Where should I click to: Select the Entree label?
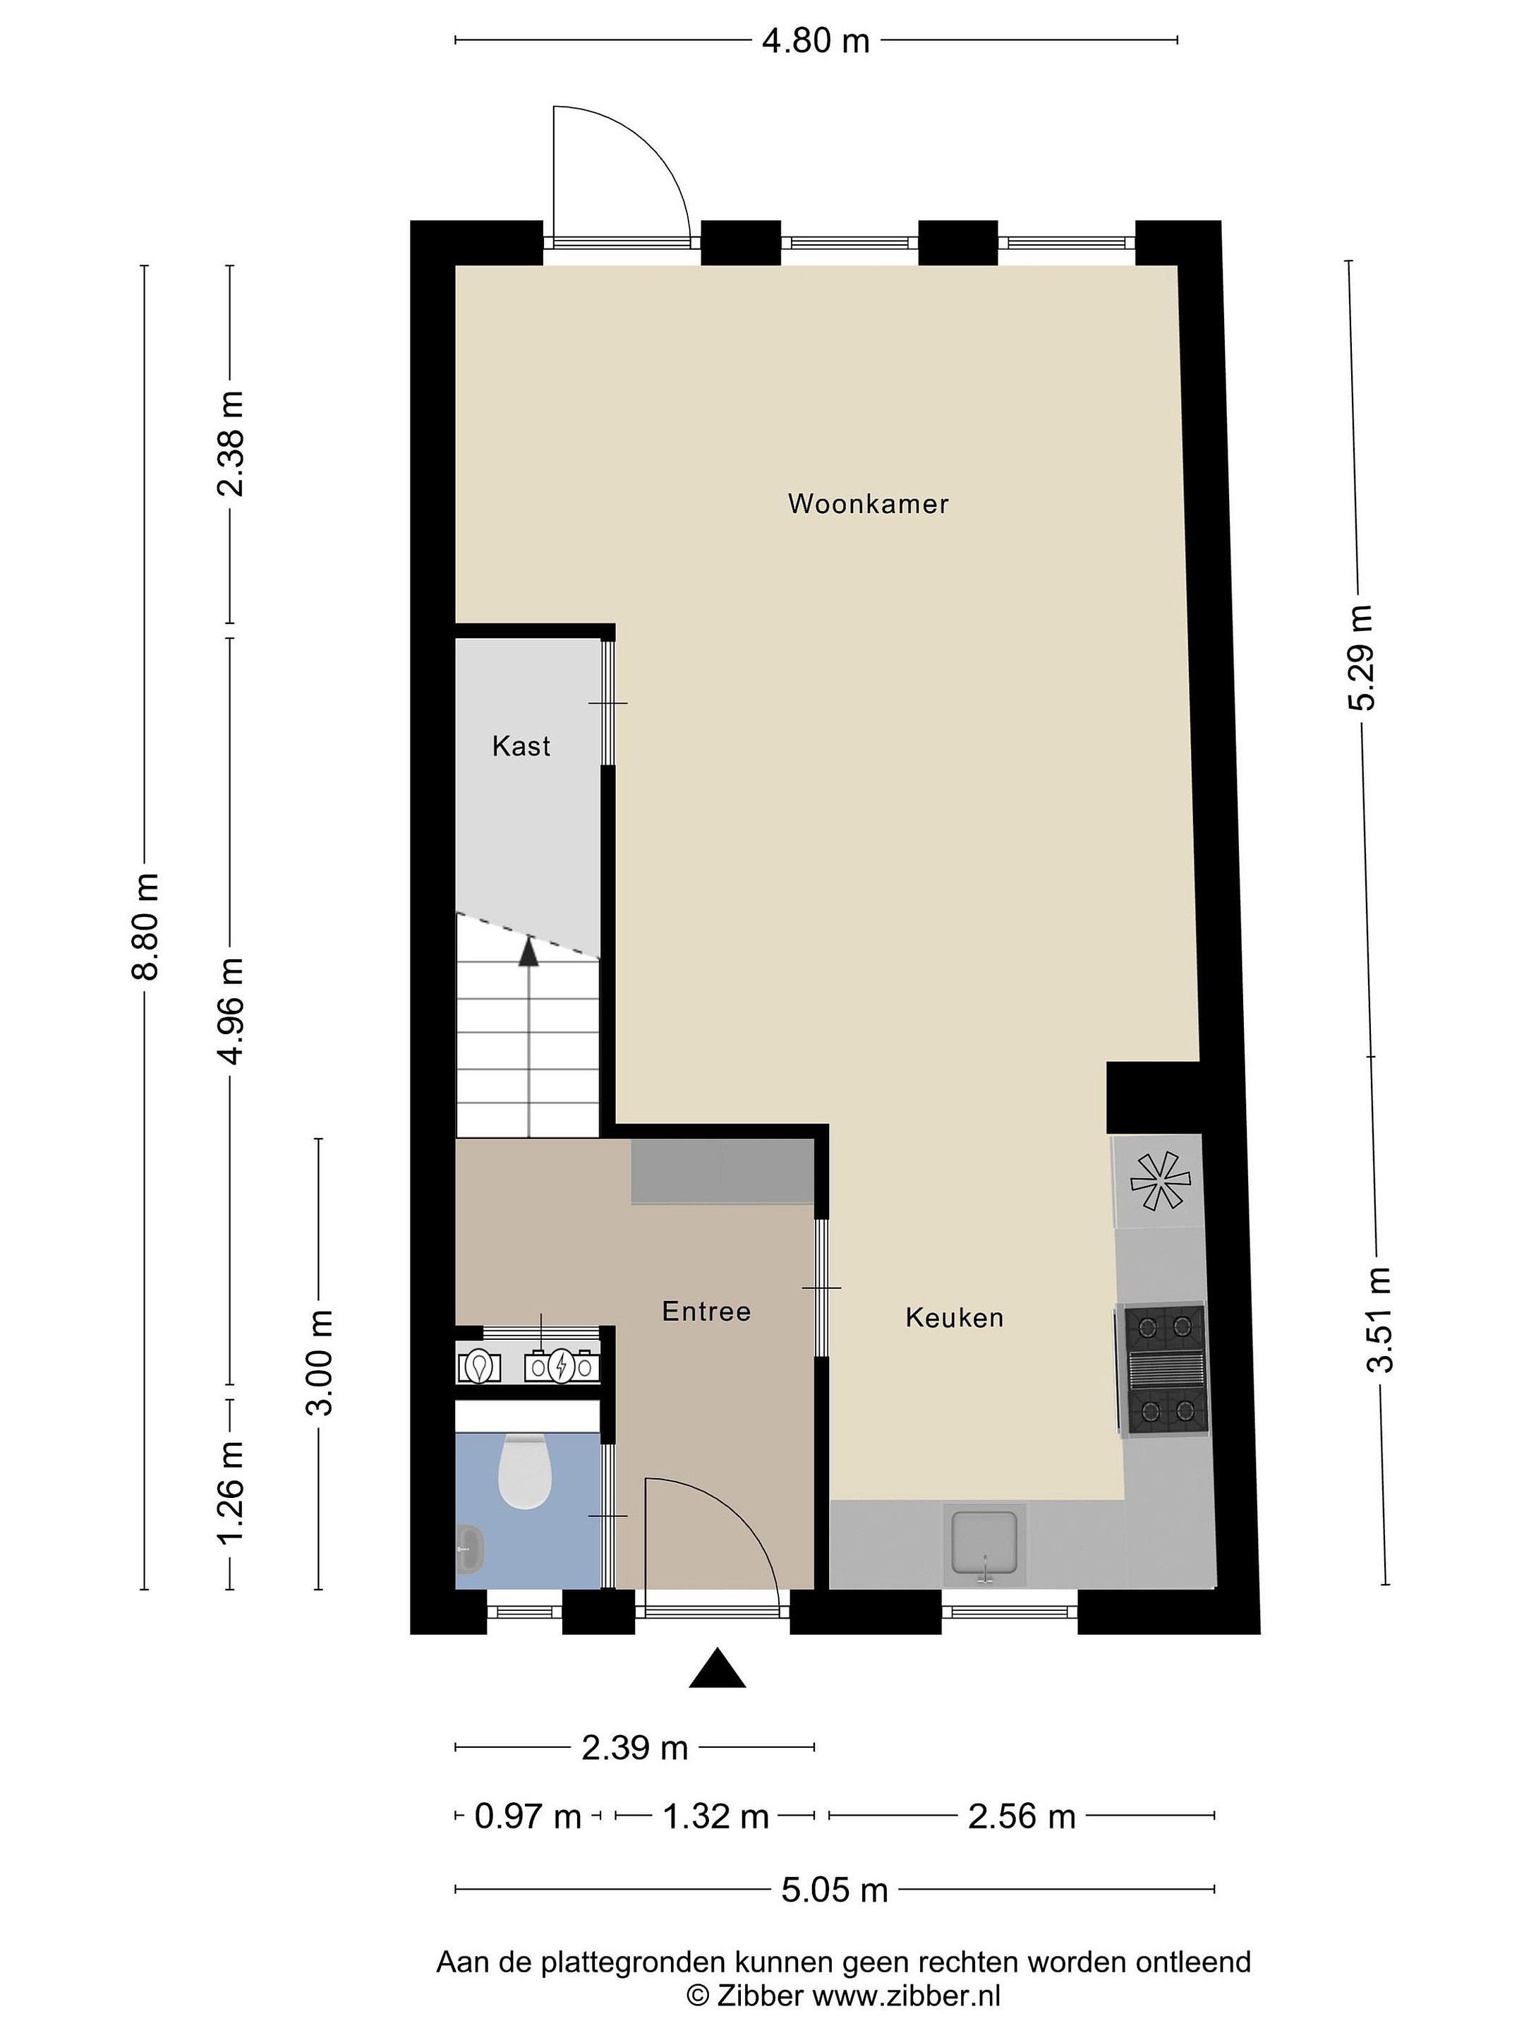click(706, 1311)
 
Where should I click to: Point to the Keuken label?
click(955, 1317)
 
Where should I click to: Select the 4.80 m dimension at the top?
click(816, 40)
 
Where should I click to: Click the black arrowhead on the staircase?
click(528, 950)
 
